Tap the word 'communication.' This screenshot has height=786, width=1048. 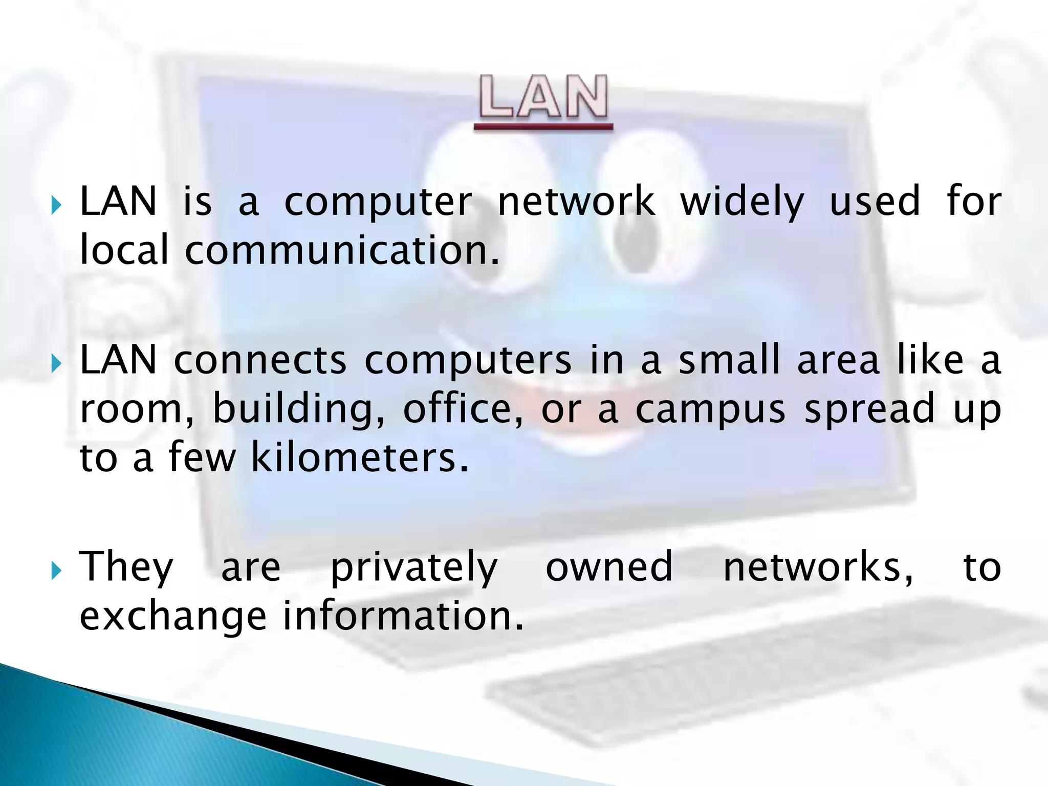click(341, 250)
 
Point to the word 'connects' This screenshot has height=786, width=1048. click(260, 360)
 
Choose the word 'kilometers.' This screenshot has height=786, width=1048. click(360, 457)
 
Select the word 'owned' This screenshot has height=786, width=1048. click(609, 566)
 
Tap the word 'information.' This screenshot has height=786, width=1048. click(403, 616)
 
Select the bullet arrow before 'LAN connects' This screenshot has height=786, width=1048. click(56, 364)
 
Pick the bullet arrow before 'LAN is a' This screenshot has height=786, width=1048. click(56, 205)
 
